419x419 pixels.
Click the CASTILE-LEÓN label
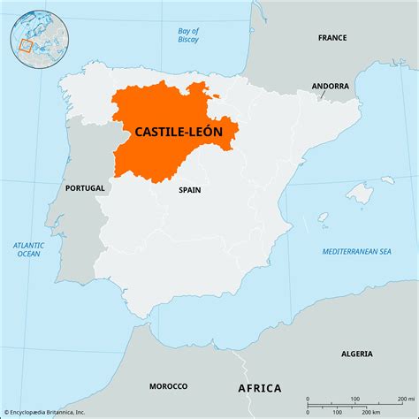(x=185, y=132)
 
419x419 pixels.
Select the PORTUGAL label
(x=85, y=187)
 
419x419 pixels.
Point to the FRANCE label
(x=333, y=38)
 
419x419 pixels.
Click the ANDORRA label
(x=330, y=87)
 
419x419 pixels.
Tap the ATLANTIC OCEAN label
(x=28, y=249)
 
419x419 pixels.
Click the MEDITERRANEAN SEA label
(x=356, y=251)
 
